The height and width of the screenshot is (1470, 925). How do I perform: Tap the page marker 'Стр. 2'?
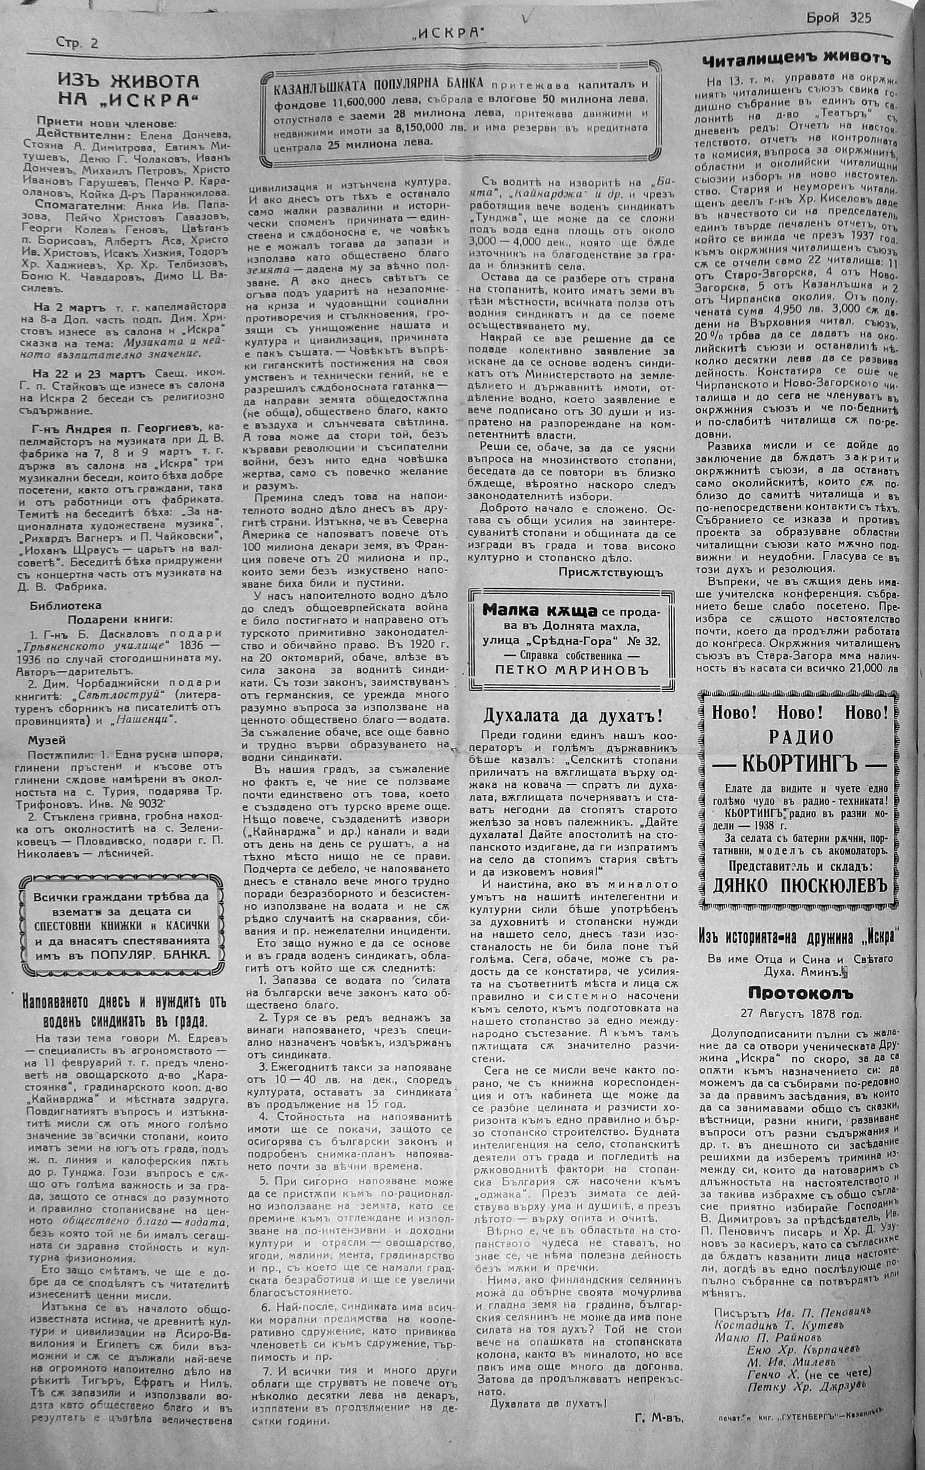(77, 43)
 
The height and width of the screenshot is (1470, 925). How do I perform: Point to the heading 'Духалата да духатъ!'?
(573, 714)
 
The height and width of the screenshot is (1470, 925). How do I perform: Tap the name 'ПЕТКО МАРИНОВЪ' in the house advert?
(572, 670)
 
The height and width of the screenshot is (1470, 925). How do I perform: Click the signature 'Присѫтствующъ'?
(610, 572)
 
